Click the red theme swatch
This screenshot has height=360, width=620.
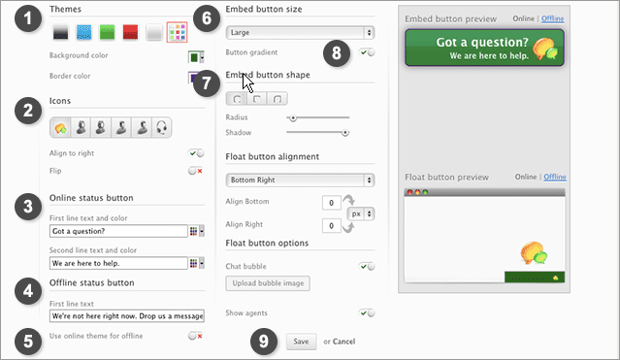(130, 32)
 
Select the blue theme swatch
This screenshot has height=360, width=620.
(83, 32)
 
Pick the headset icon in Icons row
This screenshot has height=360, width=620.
(162, 127)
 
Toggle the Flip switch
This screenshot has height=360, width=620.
(196, 171)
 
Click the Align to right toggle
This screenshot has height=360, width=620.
(196, 153)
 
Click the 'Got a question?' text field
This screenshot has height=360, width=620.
(118, 231)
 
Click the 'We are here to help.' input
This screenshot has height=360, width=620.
(118, 263)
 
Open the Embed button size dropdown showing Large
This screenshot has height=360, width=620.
(300, 32)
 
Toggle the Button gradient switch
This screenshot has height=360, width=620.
(368, 52)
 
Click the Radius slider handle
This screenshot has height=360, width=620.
(293, 117)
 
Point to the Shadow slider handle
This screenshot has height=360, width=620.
(345, 133)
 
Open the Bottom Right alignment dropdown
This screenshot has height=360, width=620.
(300, 180)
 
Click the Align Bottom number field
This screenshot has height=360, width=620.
(332, 203)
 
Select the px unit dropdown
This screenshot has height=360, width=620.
(361, 214)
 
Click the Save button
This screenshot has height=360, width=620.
(302, 342)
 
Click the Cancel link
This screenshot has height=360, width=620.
(343, 342)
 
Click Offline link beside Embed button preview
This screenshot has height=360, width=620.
(552, 18)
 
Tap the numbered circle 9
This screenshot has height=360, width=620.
(264, 341)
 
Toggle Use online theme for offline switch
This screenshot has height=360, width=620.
(196, 336)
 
